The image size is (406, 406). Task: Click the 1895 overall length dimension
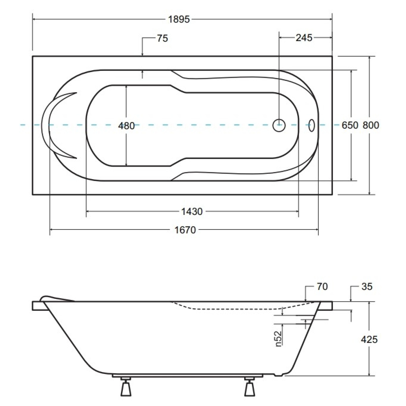179,19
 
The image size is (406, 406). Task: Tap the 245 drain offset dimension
304,38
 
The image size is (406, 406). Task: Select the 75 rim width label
162,38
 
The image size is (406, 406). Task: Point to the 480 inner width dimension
126,126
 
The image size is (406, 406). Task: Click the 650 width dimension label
350,125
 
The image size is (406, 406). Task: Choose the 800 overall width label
371,125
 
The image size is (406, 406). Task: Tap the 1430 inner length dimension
192,211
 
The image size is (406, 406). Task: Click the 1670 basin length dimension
185,230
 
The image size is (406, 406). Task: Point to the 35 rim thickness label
367,286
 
